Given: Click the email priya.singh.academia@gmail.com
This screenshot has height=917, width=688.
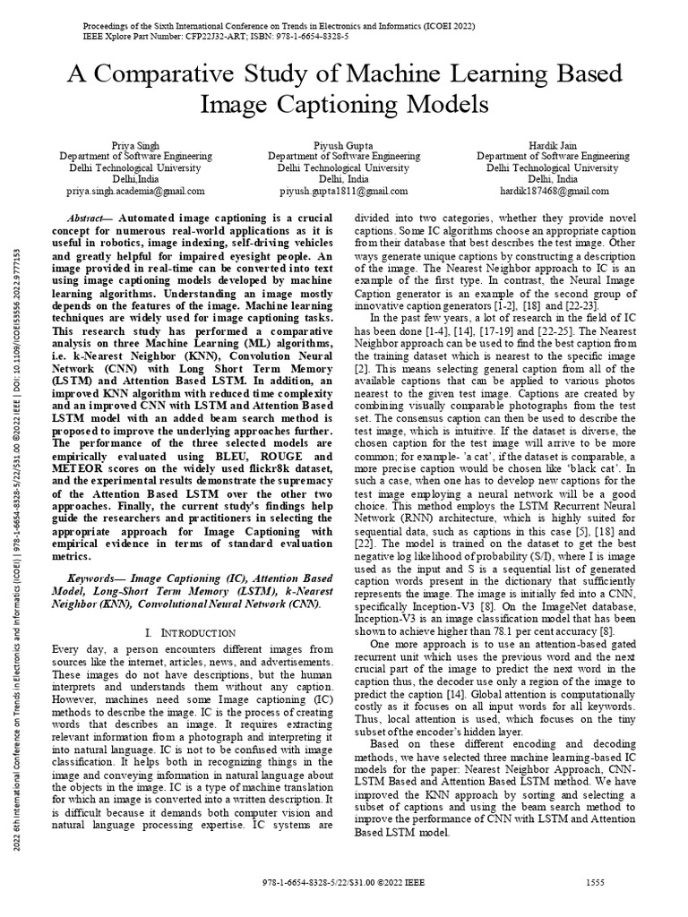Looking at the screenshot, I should [135, 191].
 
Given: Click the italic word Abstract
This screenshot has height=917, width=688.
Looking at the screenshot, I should [90, 219].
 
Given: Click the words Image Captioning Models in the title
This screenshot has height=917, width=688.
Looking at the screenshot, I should [343, 104].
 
